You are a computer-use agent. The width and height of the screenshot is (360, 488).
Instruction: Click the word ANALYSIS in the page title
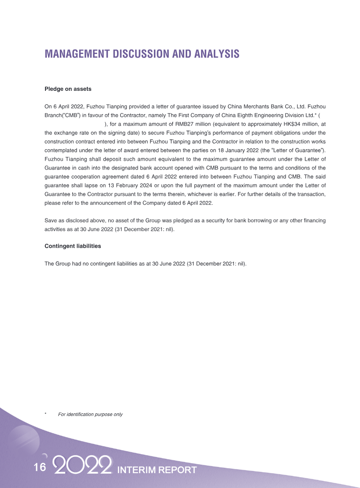[x=217, y=54]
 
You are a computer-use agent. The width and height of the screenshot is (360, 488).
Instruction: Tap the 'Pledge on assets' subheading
[x=68, y=89]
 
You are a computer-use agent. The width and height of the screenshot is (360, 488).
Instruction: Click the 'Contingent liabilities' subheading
[x=72, y=246]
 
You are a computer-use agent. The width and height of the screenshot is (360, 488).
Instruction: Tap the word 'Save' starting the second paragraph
[x=50, y=220]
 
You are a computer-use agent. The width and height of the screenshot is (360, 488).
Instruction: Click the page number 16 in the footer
[x=40, y=467]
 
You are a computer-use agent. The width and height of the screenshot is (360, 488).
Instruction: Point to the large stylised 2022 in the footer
[x=82, y=466]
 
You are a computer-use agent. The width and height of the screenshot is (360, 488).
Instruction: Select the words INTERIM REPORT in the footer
[x=157, y=470]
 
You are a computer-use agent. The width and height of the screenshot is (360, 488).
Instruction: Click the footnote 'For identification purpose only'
[x=90, y=414]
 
